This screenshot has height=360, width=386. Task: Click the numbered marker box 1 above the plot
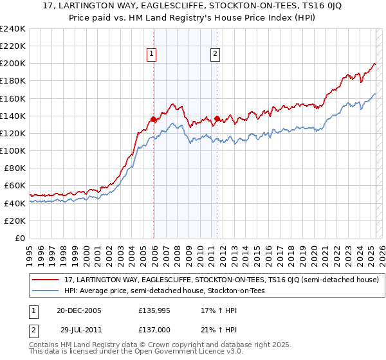pyautogui.click(x=152, y=55)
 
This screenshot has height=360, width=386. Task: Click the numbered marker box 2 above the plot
pyautogui.click(x=215, y=55)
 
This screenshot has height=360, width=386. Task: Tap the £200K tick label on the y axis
pyautogui.click(x=13, y=64)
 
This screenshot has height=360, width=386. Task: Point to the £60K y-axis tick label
pyautogui.click(x=15, y=186)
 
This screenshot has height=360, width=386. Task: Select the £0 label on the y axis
pyautogui.click(x=21, y=238)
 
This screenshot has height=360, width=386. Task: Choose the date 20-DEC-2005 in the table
pyautogui.click(x=78, y=310)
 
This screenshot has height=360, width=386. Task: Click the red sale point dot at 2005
pyautogui.click(x=154, y=119)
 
